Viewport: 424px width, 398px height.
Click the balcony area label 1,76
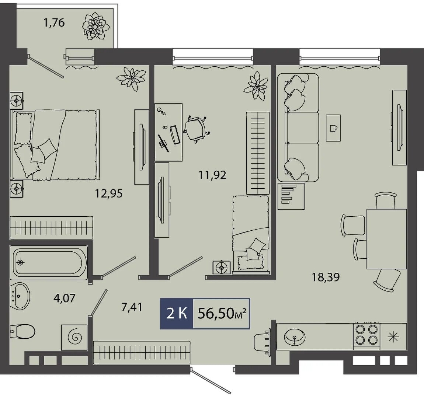[x=54, y=23]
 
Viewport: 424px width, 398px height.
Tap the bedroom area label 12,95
[x=109, y=193]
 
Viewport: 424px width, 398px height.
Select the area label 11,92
[x=212, y=175]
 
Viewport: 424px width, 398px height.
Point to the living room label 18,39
[x=326, y=277]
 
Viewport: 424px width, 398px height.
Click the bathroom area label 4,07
[x=65, y=298]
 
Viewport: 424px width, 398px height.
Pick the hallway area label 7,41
[x=131, y=307]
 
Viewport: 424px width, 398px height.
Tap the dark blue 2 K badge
[x=177, y=314]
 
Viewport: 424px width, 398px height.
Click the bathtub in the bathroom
[x=49, y=262]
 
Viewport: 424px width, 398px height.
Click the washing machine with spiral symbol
[x=74, y=338]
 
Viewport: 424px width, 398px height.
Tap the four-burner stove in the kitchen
[x=366, y=334]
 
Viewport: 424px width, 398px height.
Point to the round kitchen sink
[x=295, y=337]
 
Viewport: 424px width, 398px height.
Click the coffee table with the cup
[x=333, y=128]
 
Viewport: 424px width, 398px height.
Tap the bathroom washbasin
[x=20, y=296]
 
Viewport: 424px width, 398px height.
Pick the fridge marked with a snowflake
[x=393, y=336]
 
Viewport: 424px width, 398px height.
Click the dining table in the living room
[x=386, y=239]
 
